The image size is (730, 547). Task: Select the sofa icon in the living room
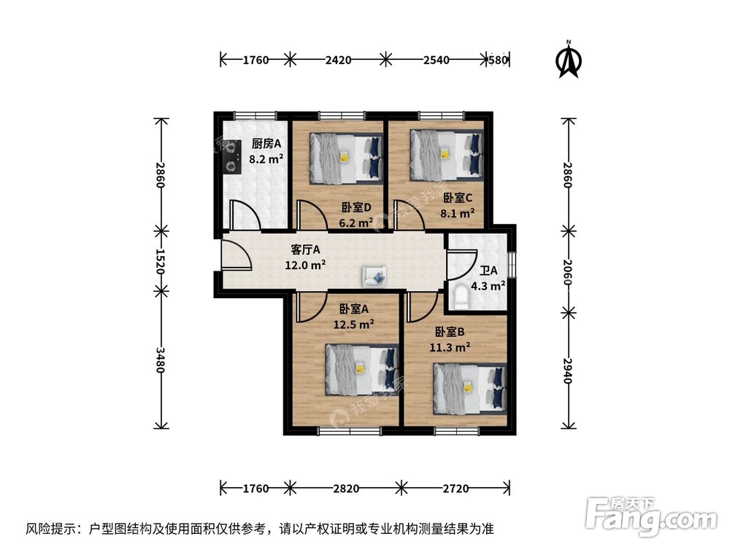375,276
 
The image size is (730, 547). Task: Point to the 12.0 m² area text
305,265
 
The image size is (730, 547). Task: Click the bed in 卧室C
446,155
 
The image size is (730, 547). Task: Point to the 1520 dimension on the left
161,261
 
